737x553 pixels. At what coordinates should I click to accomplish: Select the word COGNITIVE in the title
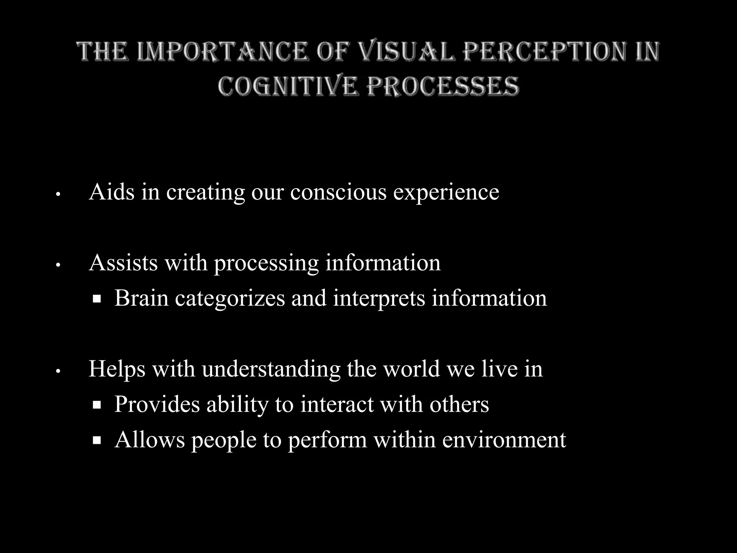tap(288, 86)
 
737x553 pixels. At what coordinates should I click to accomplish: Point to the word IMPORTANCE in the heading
tap(222, 51)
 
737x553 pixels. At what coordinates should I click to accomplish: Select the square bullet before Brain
tap(96, 299)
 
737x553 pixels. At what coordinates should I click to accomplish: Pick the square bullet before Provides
tap(96, 405)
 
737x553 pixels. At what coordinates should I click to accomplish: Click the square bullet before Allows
tap(96, 440)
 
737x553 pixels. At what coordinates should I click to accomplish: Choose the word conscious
tap(338, 192)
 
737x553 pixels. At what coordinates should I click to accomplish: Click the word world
tap(411, 369)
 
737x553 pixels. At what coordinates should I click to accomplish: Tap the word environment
tap(504, 440)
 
